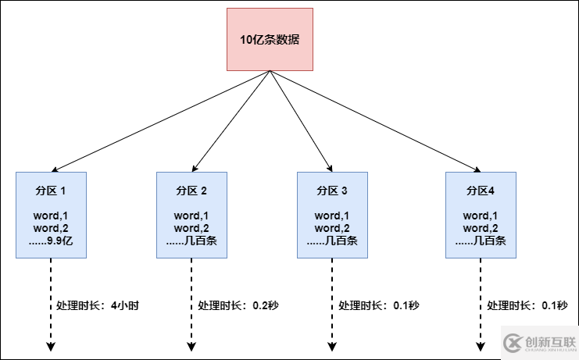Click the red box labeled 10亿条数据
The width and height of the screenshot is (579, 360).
coord(270,39)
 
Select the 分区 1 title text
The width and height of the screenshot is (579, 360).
coord(51,191)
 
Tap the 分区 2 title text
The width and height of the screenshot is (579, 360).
coord(191,191)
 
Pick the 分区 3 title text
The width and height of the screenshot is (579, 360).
coord(332,191)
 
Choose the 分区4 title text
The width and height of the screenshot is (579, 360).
coord(481,191)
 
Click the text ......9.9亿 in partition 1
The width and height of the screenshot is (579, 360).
coord(51,241)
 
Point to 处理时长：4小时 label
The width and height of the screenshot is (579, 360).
coord(98,305)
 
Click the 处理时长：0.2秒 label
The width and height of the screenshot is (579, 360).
coord(238,305)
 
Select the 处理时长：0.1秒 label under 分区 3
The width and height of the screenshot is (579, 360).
coord(379,305)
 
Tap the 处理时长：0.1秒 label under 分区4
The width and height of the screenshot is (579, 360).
coord(527,305)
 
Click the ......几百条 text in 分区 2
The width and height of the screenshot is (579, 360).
coord(191,241)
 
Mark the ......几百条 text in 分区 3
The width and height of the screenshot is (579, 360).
coord(332,241)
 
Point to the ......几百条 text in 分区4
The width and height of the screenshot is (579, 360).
coord(481,241)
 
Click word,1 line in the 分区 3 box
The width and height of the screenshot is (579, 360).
coord(332,216)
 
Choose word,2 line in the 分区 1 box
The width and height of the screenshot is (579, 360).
coord(51,228)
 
